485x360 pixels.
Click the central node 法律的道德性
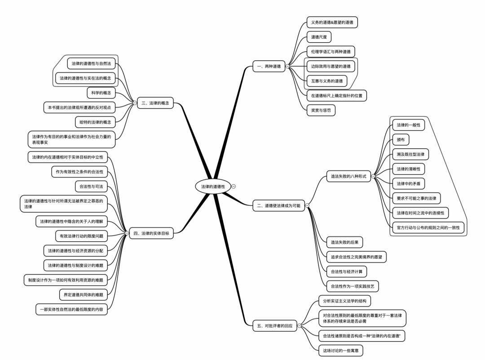213,186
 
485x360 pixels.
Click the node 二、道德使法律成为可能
279,205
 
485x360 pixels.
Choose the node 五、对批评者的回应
275,326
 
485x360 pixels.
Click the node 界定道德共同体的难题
84,295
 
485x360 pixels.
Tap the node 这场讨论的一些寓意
340,350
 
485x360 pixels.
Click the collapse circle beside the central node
234,186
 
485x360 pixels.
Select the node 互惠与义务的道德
326,81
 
